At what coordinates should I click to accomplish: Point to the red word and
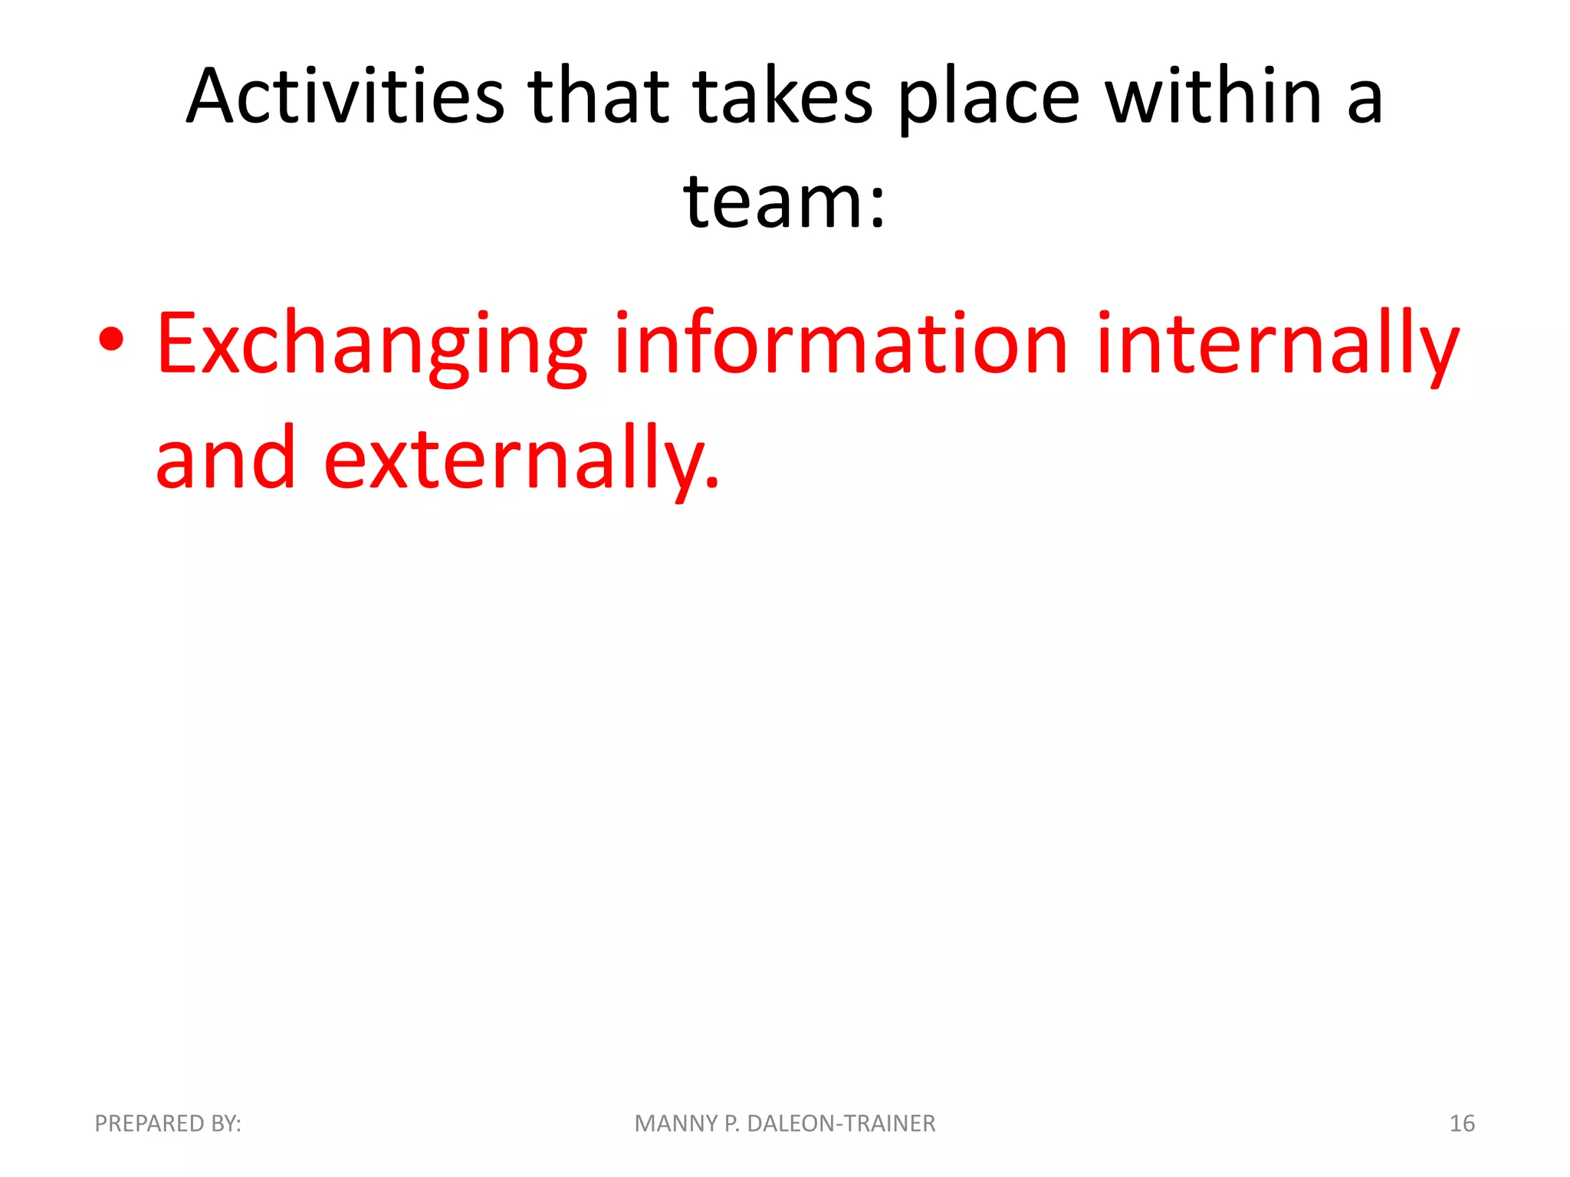(x=225, y=458)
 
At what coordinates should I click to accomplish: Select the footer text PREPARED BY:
(x=168, y=1123)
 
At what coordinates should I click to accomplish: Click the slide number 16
(x=1462, y=1123)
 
